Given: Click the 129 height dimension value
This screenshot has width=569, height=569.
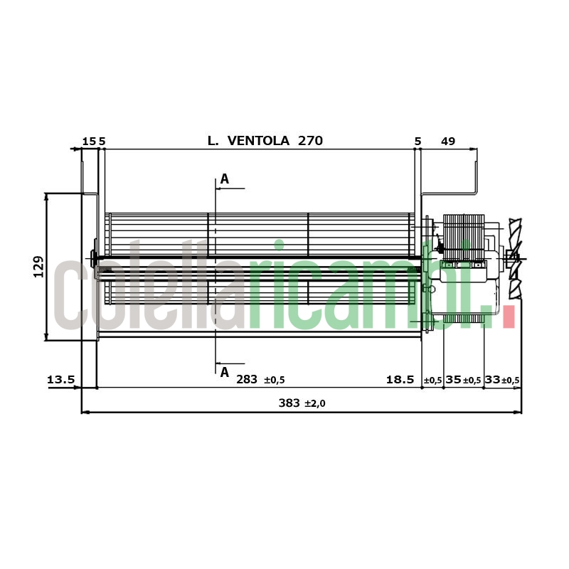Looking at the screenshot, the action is [38, 267].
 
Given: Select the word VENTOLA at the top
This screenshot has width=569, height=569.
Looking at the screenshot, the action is [258, 140].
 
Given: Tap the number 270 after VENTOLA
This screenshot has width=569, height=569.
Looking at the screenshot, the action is [310, 140].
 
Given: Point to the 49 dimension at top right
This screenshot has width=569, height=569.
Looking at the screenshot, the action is [448, 141].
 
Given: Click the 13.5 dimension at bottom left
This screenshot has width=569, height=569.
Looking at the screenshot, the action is [60, 380].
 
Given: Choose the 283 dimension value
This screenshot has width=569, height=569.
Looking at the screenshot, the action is [247, 380].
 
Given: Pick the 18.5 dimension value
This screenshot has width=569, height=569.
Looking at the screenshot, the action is [400, 380].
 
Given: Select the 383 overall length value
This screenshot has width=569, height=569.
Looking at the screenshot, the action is [289, 403].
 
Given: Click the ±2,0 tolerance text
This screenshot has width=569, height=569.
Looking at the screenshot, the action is [315, 403].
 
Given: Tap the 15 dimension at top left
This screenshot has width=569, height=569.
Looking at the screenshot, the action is [89, 141].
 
